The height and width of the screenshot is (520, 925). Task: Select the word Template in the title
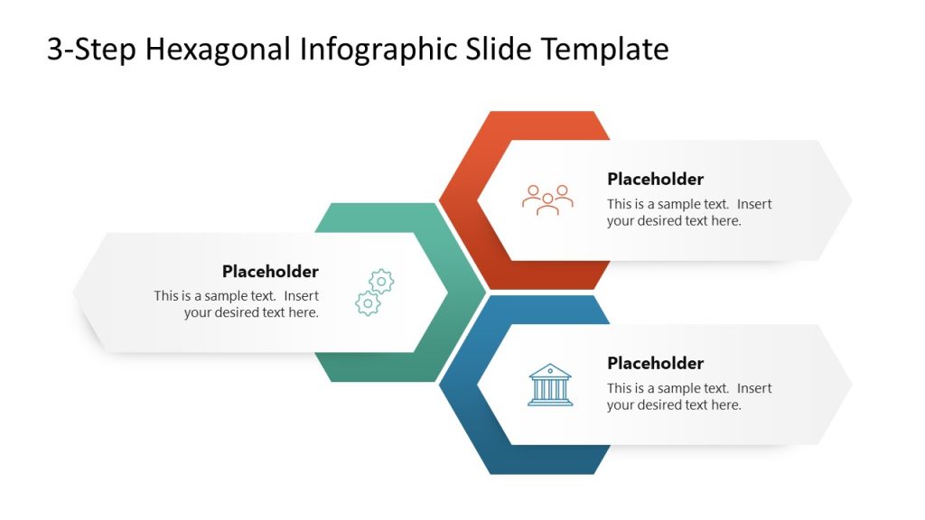pos(605,50)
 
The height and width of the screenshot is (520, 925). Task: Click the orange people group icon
pos(547,200)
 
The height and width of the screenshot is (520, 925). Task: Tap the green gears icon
pos(375,292)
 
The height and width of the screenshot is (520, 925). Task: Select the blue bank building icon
pos(549,385)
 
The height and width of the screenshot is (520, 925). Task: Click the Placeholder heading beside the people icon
pos(655,179)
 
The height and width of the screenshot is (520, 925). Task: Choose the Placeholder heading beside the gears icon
pos(270,271)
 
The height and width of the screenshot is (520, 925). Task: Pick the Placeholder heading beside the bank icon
pos(655,363)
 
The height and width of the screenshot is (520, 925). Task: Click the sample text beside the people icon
pos(688,212)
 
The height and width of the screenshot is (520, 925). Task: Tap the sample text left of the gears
pos(237,304)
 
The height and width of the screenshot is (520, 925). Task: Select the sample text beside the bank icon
pos(688,396)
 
